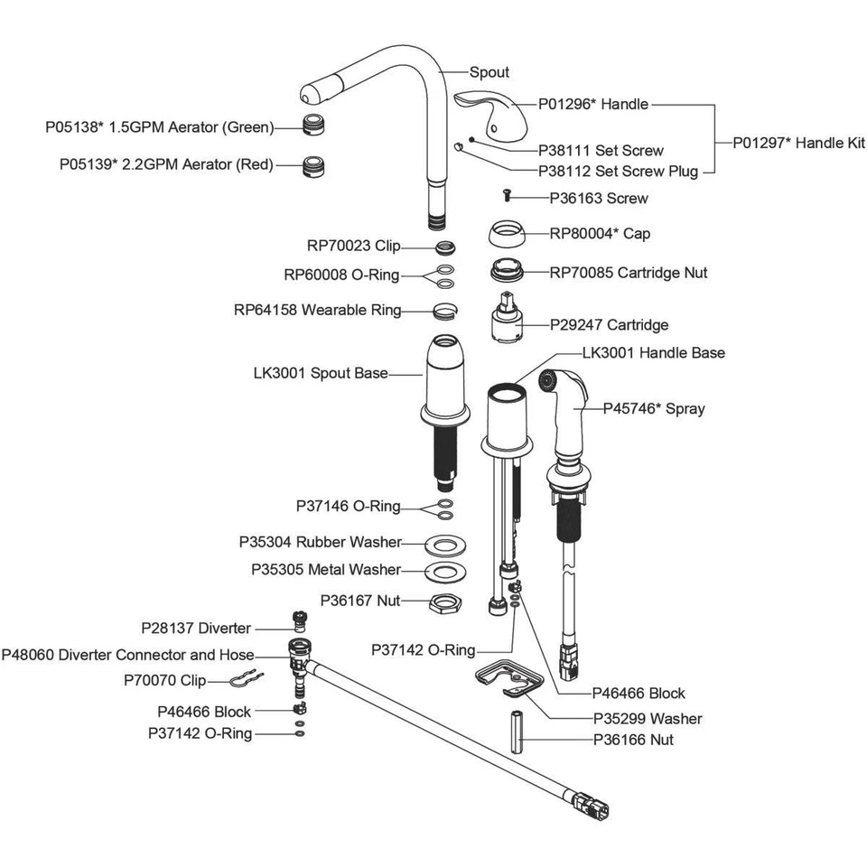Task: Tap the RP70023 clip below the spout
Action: click(443, 247)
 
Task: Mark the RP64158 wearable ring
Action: click(443, 310)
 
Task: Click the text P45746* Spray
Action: click(654, 408)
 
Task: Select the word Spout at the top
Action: click(489, 72)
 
